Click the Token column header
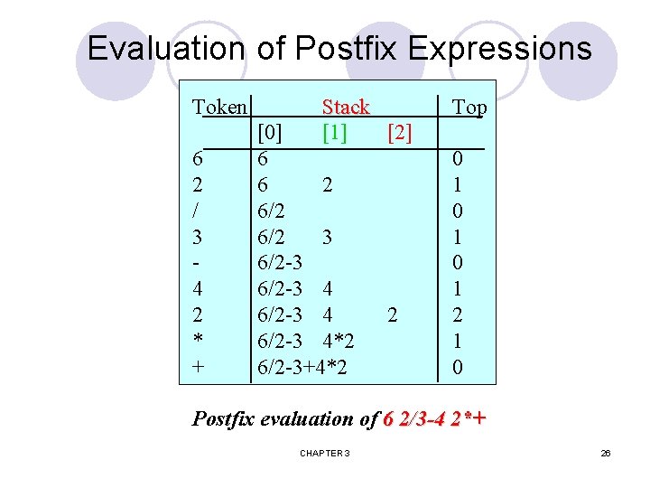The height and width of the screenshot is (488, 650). coord(219,108)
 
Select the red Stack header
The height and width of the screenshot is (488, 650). coord(346,108)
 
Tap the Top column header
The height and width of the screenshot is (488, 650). coord(469,108)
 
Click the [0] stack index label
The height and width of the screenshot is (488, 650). coord(270,133)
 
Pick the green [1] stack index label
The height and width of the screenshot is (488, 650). coord(335,133)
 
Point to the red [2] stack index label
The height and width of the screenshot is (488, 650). coord(399,133)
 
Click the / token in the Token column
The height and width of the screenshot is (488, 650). coord(198,211)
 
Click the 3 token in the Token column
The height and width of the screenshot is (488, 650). coord(198,238)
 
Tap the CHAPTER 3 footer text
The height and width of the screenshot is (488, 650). coord(325,452)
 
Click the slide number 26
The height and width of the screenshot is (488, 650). coord(606,452)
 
